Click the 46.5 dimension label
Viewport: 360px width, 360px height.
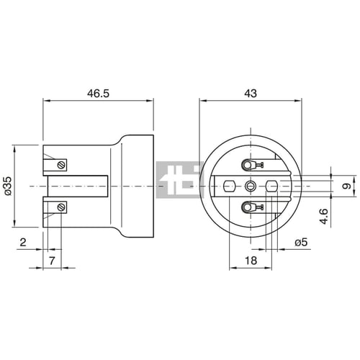[x=98, y=94]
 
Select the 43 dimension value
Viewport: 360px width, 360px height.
[x=251, y=93]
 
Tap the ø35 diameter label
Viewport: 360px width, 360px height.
[x=7, y=186]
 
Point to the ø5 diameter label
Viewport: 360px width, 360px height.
[x=301, y=243]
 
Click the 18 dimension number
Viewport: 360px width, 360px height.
[x=251, y=261]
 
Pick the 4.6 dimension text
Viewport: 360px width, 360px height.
[x=324, y=217]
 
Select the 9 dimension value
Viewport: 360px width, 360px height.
[x=347, y=186]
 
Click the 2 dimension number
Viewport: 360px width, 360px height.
[x=23, y=242]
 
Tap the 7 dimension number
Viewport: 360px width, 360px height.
[x=52, y=261]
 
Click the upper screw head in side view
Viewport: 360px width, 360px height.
[x=61, y=165]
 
